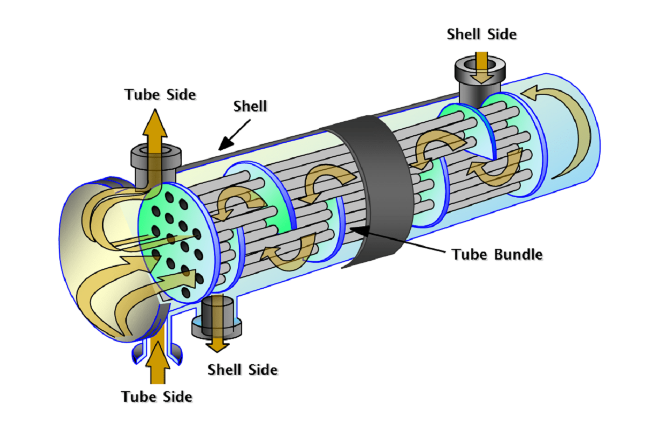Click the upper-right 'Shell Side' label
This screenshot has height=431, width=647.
click(x=481, y=34)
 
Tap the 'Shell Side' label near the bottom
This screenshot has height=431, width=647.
click(x=242, y=370)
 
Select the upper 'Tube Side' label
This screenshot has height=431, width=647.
click(x=160, y=95)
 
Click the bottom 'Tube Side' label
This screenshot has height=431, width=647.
click(x=157, y=397)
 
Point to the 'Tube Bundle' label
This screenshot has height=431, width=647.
click(x=497, y=255)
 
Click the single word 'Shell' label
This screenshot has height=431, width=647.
click(x=250, y=106)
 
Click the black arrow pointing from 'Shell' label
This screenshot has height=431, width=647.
click(x=234, y=135)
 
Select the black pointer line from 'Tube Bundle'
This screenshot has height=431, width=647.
click(x=397, y=240)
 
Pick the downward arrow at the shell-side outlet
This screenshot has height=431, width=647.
click(x=217, y=323)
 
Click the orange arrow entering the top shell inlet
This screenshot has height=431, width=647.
click(x=481, y=68)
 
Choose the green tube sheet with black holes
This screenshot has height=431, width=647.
click(x=177, y=242)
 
